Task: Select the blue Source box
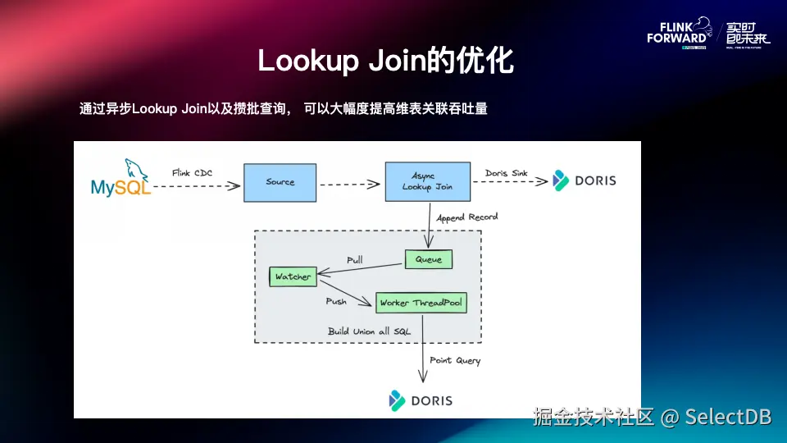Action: click(280, 182)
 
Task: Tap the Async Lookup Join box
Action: click(427, 181)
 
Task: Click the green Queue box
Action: click(428, 259)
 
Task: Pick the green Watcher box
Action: click(293, 276)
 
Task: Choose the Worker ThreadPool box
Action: click(421, 303)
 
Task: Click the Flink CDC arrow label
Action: click(193, 173)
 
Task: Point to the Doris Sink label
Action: click(506, 173)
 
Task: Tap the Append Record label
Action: click(466, 217)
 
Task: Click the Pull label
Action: click(354, 259)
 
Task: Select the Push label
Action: click(336, 301)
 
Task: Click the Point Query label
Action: click(455, 360)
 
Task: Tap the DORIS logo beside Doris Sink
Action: click(584, 180)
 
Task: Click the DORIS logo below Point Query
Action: click(421, 400)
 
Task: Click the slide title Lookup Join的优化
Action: click(385, 62)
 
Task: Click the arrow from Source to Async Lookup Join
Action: click(351, 183)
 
